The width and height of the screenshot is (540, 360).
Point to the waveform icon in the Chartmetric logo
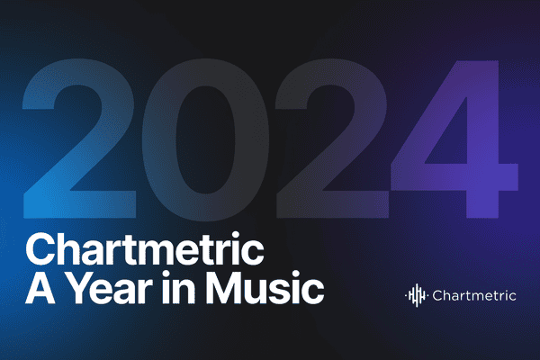pos(417,294)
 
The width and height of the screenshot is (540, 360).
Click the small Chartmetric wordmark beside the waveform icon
pos(473,294)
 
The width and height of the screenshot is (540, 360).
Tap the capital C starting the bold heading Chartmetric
pos(40,247)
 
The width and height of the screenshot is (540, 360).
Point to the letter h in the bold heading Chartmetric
pos(66,247)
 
